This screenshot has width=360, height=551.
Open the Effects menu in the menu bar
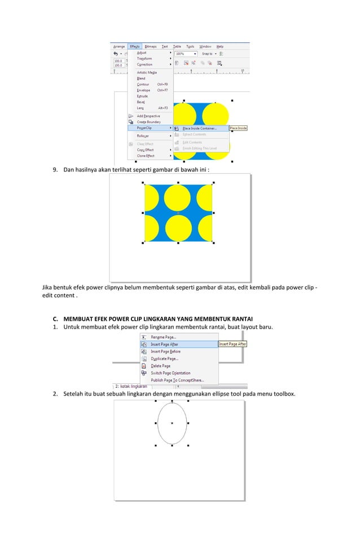click(x=134, y=46)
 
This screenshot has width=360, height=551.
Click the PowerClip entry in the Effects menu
click(x=145, y=128)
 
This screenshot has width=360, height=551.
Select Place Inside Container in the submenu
click(x=199, y=128)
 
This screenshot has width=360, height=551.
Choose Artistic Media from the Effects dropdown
click(x=147, y=72)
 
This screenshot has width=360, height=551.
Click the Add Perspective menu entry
click(x=148, y=116)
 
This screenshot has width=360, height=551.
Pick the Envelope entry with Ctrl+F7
click(x=143, y=90)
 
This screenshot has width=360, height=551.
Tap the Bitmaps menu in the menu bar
click(x=151, y=46)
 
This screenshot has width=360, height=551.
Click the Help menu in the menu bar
click(x=219, y=46)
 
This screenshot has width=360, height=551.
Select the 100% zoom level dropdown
click(x=186, y=54)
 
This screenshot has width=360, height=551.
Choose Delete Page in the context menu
click(x=160, y=366)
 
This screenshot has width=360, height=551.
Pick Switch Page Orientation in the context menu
click(x=170, y=373)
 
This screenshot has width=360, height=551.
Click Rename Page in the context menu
click(x=164, y=337)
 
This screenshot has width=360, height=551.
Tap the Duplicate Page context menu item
click(x=164, y=358)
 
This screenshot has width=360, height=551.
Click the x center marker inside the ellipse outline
click(x=172, y=423)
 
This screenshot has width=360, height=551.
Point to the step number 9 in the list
click(x=55, y=169)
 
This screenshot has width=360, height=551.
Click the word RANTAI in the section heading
click(x=240, y=318)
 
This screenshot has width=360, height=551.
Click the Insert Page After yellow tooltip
click(x=232, y=344)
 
